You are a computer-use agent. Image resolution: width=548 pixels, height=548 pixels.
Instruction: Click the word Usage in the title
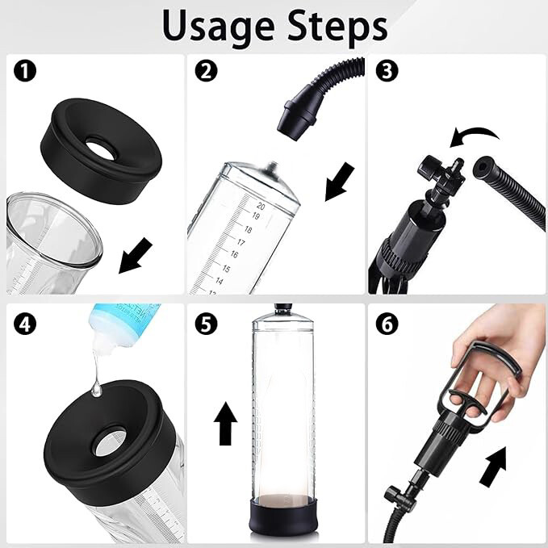217,26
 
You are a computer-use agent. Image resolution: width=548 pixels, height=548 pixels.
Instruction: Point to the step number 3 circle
388,71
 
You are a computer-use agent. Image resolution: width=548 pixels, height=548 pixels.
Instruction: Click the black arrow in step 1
135,257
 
